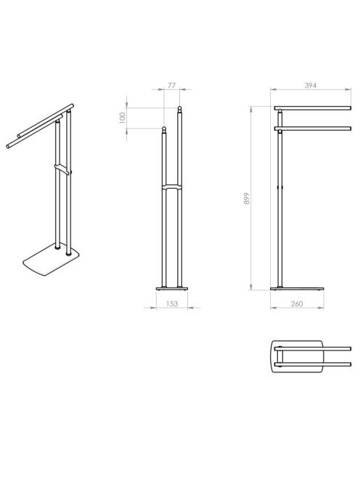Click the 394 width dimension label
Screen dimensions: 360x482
pyautogui.click(x=310, y=86)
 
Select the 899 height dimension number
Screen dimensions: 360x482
pyautogui.click(x=247, y=199)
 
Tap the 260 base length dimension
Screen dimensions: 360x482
pyautogui.click(x=297, y=303)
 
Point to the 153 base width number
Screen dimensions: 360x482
pyautogui.click(x=172, y=303)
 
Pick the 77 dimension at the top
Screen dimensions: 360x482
pyautogui.click(x=171, y=86)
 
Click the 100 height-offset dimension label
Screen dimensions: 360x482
pyautogui.click(x=122, y=118)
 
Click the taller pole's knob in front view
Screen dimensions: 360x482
pyautogui.click(x=179, y=109)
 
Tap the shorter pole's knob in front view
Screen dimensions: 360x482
pyautogui.click(x=164, y=128)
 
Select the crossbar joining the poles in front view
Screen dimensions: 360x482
pyautogui.click(x=172, y=187)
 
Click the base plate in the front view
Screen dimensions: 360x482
pyautogui.click(x=172, y=289)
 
